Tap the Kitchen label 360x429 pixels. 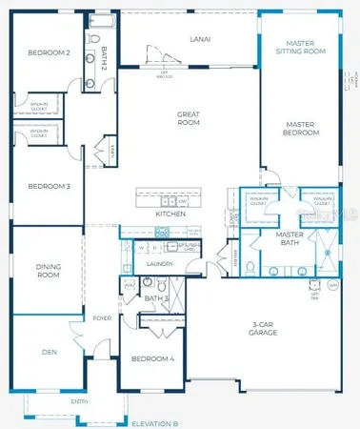pyautogui.click(x=170, y=214)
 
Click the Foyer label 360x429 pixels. pyautogui.click(x=103, y=317)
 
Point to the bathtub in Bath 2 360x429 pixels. pyautogui.click(x=101, y=19)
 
